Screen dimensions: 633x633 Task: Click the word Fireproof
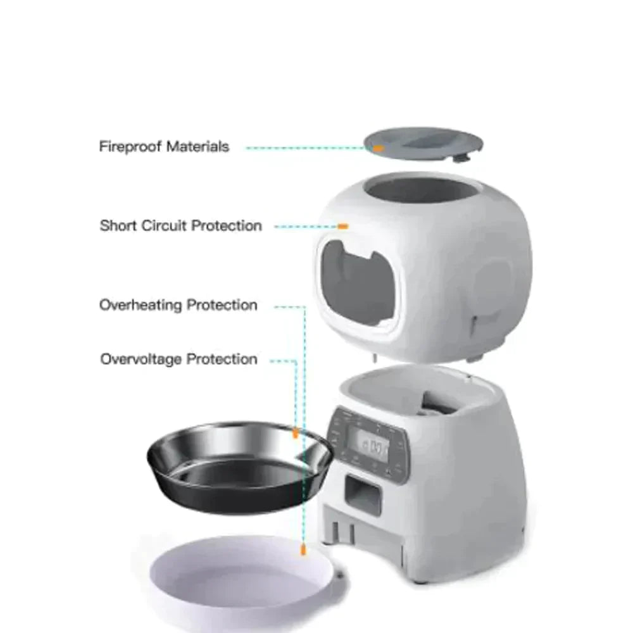(x=130, y=147)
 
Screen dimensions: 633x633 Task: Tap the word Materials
(x=197, y=147)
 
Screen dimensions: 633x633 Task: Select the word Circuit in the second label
(x=163, y=226)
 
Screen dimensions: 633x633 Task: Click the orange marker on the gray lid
(x=378, y=148)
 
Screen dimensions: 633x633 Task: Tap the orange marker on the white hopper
(x=342, y=226)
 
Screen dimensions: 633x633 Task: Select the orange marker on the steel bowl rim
(x=295, y=434)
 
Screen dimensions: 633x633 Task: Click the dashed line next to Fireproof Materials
(x=304, y=148)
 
